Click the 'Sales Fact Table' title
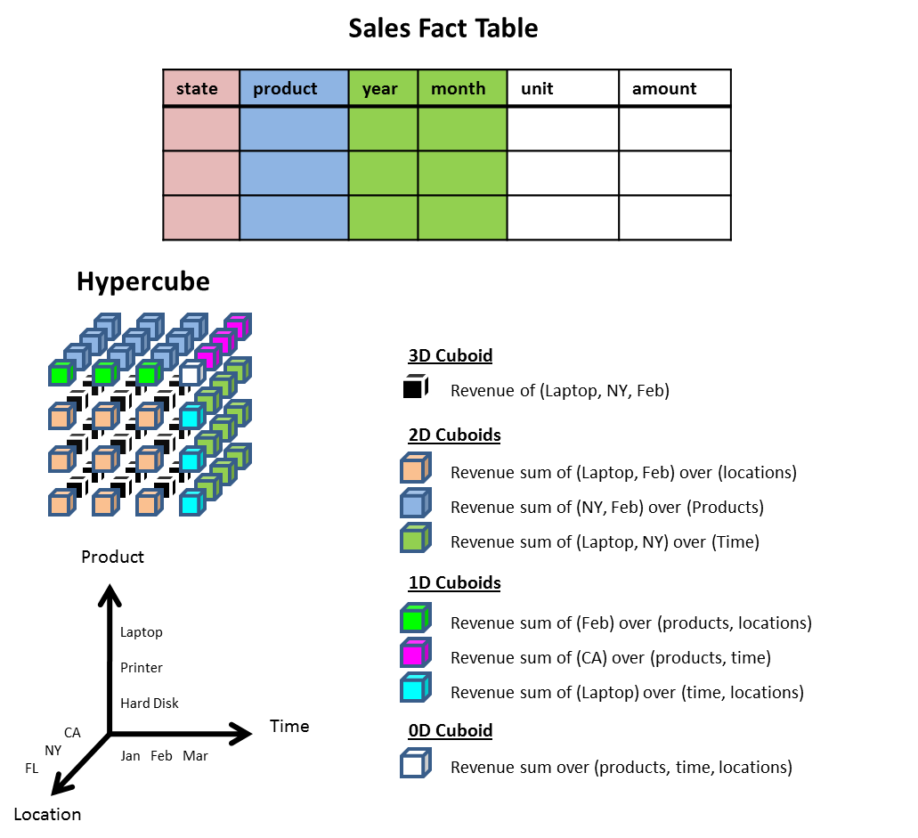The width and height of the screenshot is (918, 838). click(x=443, y=28)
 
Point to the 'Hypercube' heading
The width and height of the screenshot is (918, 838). click(x=142, y=281)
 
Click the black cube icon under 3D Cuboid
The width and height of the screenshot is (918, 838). click(x=415, y=387)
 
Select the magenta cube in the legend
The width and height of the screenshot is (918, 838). click(x=415, y=655)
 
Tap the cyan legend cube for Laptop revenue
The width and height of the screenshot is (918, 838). click(x=415, y=689)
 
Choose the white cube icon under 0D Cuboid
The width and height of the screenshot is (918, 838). click(x=415, y=764)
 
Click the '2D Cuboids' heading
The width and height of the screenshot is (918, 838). click(x=454, y=435)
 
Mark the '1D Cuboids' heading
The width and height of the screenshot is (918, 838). click(x=454, y=583)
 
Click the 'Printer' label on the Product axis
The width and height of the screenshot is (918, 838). click(x=142, y=668)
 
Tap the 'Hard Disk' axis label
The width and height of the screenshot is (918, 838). click(x=150, y=704)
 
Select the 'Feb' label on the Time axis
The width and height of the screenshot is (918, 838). click(x=161, y=756)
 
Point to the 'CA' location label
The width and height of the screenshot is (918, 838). click(x=72, y=733)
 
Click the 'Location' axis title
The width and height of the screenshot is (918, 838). click(x=47, y=814)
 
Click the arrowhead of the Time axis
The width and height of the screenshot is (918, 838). click(x=241, y=734)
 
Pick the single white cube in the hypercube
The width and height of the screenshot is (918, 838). click(x=190, y=374)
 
